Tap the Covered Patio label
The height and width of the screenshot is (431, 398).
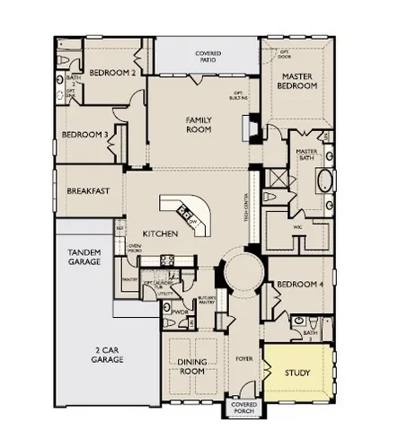[x=208, y=58]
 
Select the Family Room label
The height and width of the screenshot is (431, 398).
[x=198, y=123]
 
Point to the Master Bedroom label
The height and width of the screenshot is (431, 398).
[x=297, y=82]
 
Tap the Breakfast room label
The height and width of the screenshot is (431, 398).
[x=88, y=191]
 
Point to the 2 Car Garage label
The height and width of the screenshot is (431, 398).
[x=105, y=355]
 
